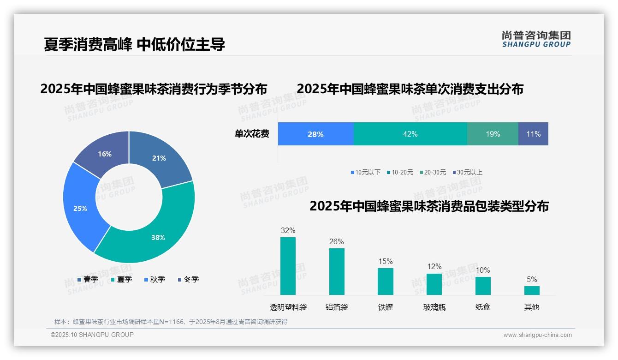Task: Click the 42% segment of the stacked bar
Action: pos(410,134)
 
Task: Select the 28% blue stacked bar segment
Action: pos(315,134)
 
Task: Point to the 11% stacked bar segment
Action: pos(533,134)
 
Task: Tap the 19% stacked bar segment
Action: pos(493,134)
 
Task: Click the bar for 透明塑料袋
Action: pos(288,266)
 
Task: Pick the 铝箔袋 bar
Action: pos(337,271)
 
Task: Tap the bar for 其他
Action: pos(532,290)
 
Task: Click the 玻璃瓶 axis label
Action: pos(434,307)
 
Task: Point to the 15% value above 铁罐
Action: pos(385,262)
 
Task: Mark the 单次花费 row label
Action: pos(252,134)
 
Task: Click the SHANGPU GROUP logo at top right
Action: pos(536,39)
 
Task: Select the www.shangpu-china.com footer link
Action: pos(537,335)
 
